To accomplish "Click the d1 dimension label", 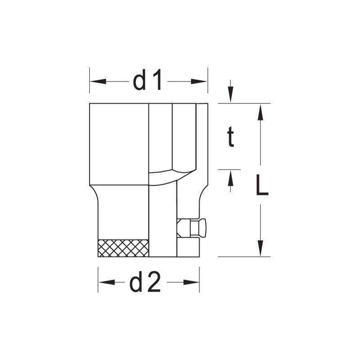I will coord(148,81).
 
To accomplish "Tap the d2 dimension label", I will coord(145,282).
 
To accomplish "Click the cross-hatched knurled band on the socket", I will coord(123,248).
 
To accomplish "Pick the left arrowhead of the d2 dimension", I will coord(105,282).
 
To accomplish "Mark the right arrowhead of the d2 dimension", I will coord(192,282).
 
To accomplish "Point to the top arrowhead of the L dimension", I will coord(260,112).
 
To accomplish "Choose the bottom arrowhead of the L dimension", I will coord(260,248).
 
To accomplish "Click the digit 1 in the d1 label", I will coord(156,81).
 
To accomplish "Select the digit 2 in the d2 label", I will coord(153,282).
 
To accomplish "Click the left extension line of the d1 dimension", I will coord(90,81).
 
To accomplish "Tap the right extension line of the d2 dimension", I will coord(199,279).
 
